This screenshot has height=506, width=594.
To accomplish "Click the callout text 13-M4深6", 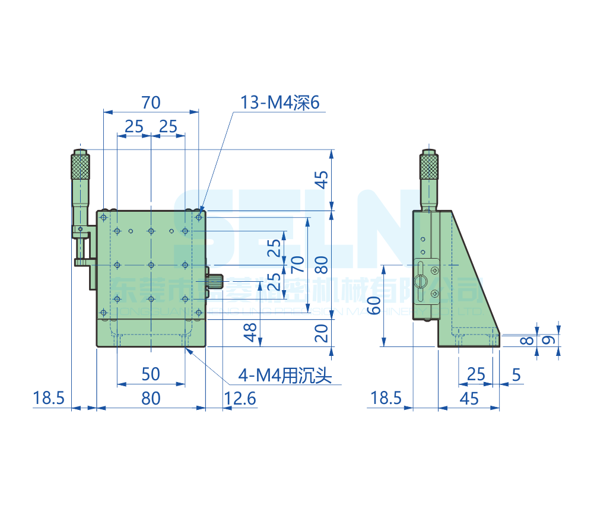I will [279, 103].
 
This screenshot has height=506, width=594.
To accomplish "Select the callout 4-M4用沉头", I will [284, 375].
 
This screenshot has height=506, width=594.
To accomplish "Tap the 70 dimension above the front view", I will [151, 103].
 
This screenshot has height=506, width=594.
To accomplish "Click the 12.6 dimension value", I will [240, 398].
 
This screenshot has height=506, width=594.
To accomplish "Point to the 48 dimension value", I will [251, 332].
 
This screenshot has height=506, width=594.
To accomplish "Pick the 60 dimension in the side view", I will [373, 307].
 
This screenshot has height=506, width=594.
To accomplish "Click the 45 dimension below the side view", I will [469, 398].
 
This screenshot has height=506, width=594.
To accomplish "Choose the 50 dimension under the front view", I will [151, 374].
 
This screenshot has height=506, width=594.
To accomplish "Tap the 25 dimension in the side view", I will [476, 374].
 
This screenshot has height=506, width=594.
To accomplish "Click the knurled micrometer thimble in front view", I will [80, 166].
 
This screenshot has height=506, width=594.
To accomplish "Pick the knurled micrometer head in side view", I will [430, 166].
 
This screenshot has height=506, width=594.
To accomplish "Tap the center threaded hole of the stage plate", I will [151, 265].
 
